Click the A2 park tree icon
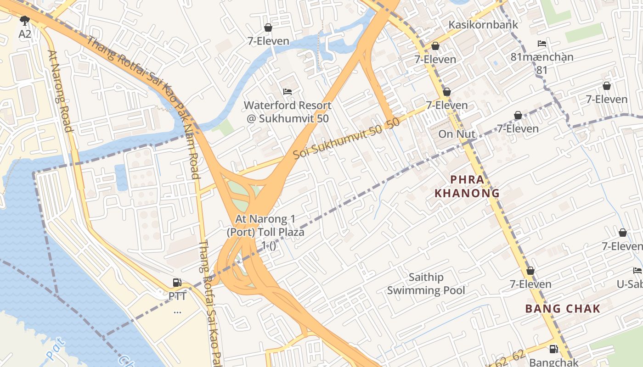click(25, 20)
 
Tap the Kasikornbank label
click(483, 25)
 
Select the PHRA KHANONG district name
click(467, 186)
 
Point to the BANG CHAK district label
click(563, 308)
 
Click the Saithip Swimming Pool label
click(426, 284)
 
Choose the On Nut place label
click(457, 134)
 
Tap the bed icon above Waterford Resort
click(288, 92)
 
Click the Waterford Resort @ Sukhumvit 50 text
click(288, 112)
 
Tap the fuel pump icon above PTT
click(177, 282)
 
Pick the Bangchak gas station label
click(553, 362)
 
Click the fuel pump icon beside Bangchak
click(553, 349)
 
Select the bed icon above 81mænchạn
click(542, 44)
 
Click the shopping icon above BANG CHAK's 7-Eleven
click(530, 271)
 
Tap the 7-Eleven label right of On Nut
click(518, 128)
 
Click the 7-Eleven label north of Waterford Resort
click(268, 41)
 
